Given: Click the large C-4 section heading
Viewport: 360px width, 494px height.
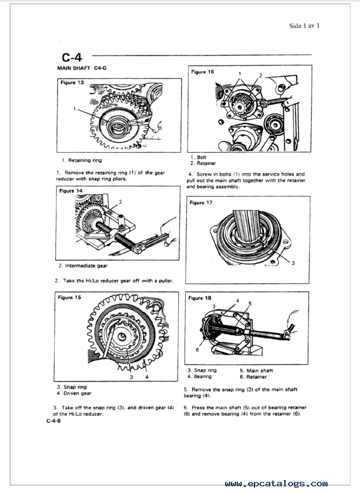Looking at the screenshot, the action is point(72,57).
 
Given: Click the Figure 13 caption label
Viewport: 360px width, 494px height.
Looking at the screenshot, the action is point(72,83).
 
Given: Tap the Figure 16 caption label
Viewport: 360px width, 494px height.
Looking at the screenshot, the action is point(202,72).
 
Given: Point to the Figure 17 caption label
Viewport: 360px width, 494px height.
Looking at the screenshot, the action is point(201,202).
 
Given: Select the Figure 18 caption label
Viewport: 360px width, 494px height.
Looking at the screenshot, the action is point(200,298).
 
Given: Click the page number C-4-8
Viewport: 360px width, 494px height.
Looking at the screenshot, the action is point(53,421).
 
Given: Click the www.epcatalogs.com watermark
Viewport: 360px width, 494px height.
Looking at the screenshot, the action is point(276,483).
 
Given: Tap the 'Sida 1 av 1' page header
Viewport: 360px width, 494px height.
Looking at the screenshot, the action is point(304,26).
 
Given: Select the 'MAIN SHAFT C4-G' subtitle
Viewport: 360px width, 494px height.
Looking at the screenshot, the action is point(82,68).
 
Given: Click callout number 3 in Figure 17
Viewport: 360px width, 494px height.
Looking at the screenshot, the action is point(293,263).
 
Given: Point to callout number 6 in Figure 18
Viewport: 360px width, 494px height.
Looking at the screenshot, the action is point(197,349).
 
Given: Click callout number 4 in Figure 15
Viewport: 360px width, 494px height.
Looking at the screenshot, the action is point(147,377).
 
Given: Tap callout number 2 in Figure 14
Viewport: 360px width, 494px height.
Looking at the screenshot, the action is point(120,202).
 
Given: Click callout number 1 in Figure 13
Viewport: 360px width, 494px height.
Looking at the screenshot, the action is point(74,109).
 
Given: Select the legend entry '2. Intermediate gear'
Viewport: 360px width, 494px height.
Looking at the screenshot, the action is point(83,265).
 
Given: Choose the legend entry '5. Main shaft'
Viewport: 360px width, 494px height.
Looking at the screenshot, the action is point(256,370).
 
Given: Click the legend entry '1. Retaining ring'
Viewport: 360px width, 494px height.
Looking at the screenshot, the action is point(82,160).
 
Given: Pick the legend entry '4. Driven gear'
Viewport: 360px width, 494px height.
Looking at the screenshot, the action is point(74,393).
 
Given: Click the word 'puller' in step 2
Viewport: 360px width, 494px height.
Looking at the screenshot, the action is point(166,280).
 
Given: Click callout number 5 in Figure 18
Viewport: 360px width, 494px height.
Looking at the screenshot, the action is point(250,304).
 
